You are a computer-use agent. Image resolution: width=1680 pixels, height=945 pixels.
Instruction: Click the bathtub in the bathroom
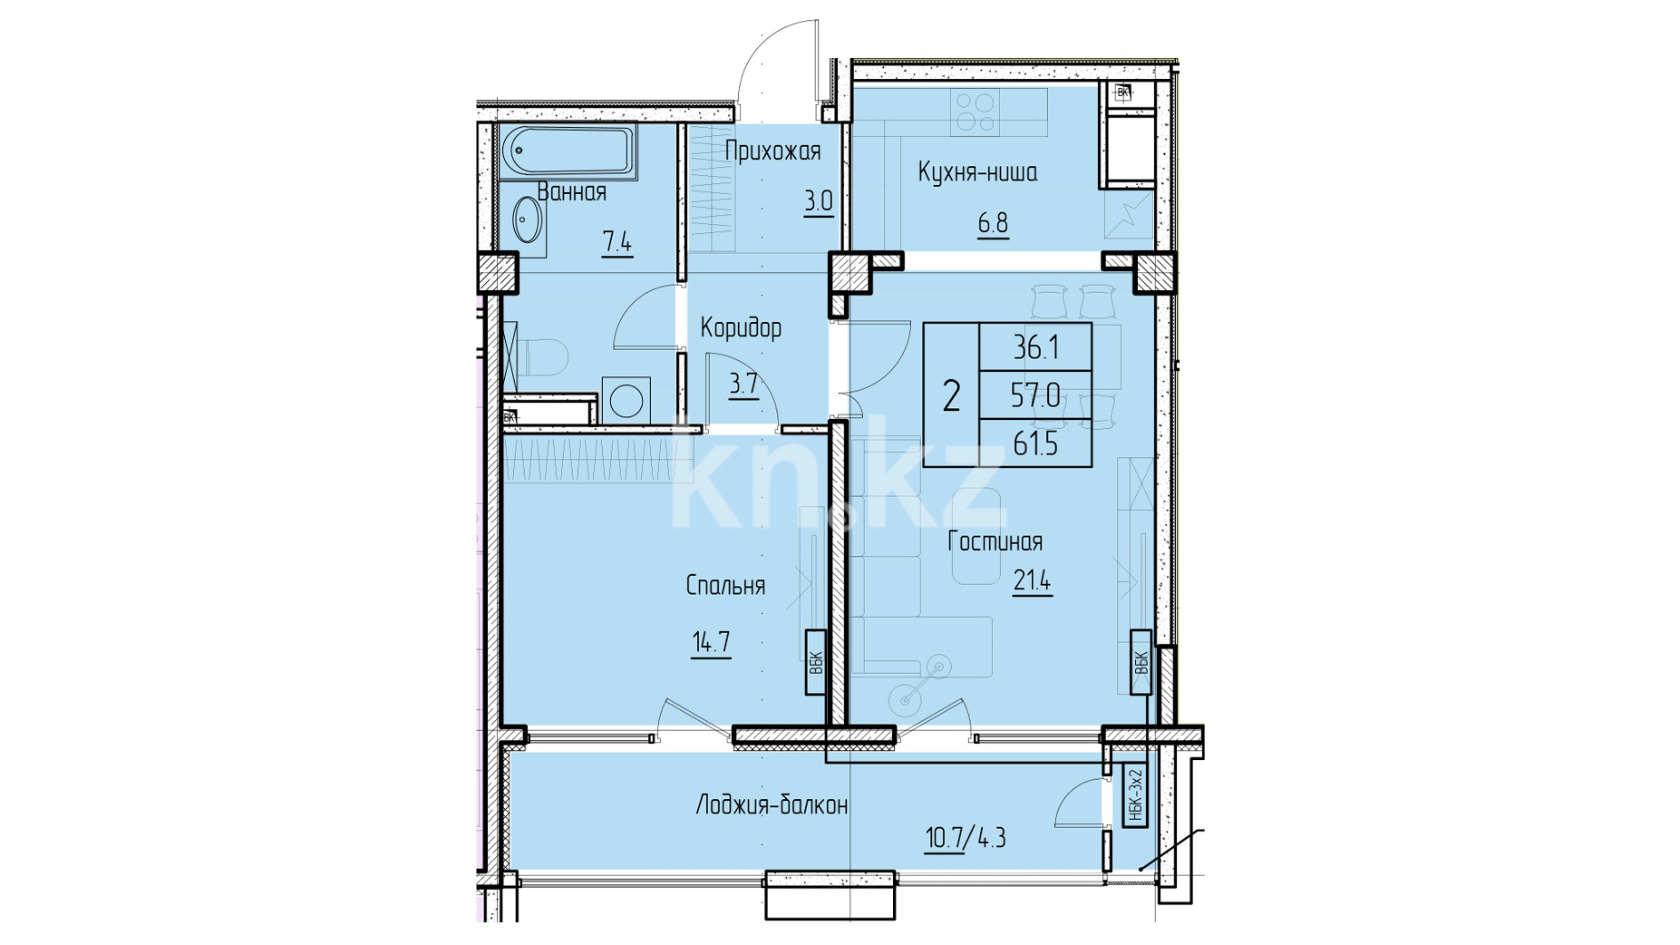pyautogui.click(x=568, y=151)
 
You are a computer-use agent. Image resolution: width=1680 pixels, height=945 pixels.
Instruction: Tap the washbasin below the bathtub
pyautogui.click(x=527, y=219)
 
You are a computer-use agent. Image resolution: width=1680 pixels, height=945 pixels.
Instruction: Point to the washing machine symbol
pyautogui.click(x=626, y=399)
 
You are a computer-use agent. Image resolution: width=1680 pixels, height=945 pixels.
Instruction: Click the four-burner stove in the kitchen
pyautogui.click(x=976, y=113)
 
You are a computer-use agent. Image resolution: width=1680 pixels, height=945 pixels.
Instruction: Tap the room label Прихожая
pyautogui.click(x=773, y=151)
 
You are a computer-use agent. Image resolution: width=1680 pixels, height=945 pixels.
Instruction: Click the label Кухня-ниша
pyautogui.click(x=977, y=172)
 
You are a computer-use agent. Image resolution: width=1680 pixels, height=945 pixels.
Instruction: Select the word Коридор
pyautogui.click(x=741, y=327)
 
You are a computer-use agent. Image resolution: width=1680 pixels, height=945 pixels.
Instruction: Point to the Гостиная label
pyautogui.click(x=995, y=541)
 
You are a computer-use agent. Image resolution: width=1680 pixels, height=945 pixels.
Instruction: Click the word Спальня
pyautogui.click(x=725, y=586)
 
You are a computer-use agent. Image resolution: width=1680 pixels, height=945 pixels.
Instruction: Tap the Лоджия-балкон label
pyautogui.click(x=772, y=805)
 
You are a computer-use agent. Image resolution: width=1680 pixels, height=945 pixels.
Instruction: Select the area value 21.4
pyautogui.click(x=1032, y=581)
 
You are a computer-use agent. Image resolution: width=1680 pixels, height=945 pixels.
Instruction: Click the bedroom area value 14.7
pyautogui.click(x=711, y=643)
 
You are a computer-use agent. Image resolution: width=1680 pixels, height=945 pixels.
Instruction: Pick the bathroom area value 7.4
pyautogui.click(x=617, y=242)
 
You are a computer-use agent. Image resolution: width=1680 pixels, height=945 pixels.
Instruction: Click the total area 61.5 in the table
pyautogui.click(x=1036, y=444)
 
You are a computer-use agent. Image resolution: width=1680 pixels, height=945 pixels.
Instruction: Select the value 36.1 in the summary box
pyautogui.click(x=1036, y=346)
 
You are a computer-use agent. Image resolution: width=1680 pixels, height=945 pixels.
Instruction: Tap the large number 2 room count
pyautogui.click(x=951, y=396)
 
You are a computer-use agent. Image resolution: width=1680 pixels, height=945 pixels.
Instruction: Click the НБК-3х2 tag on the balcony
pyautogui.click(x=1136, y=795)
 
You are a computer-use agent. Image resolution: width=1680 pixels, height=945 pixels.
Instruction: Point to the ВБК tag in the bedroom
pyautogui.click(x=815, y=663)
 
